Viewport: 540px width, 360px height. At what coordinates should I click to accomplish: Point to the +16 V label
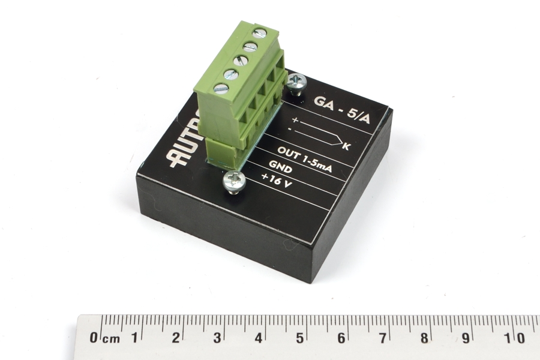[277, 180]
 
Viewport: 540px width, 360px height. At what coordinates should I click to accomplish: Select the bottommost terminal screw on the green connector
[221, 88]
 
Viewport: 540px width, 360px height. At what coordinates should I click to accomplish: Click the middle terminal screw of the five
[241, 60]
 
